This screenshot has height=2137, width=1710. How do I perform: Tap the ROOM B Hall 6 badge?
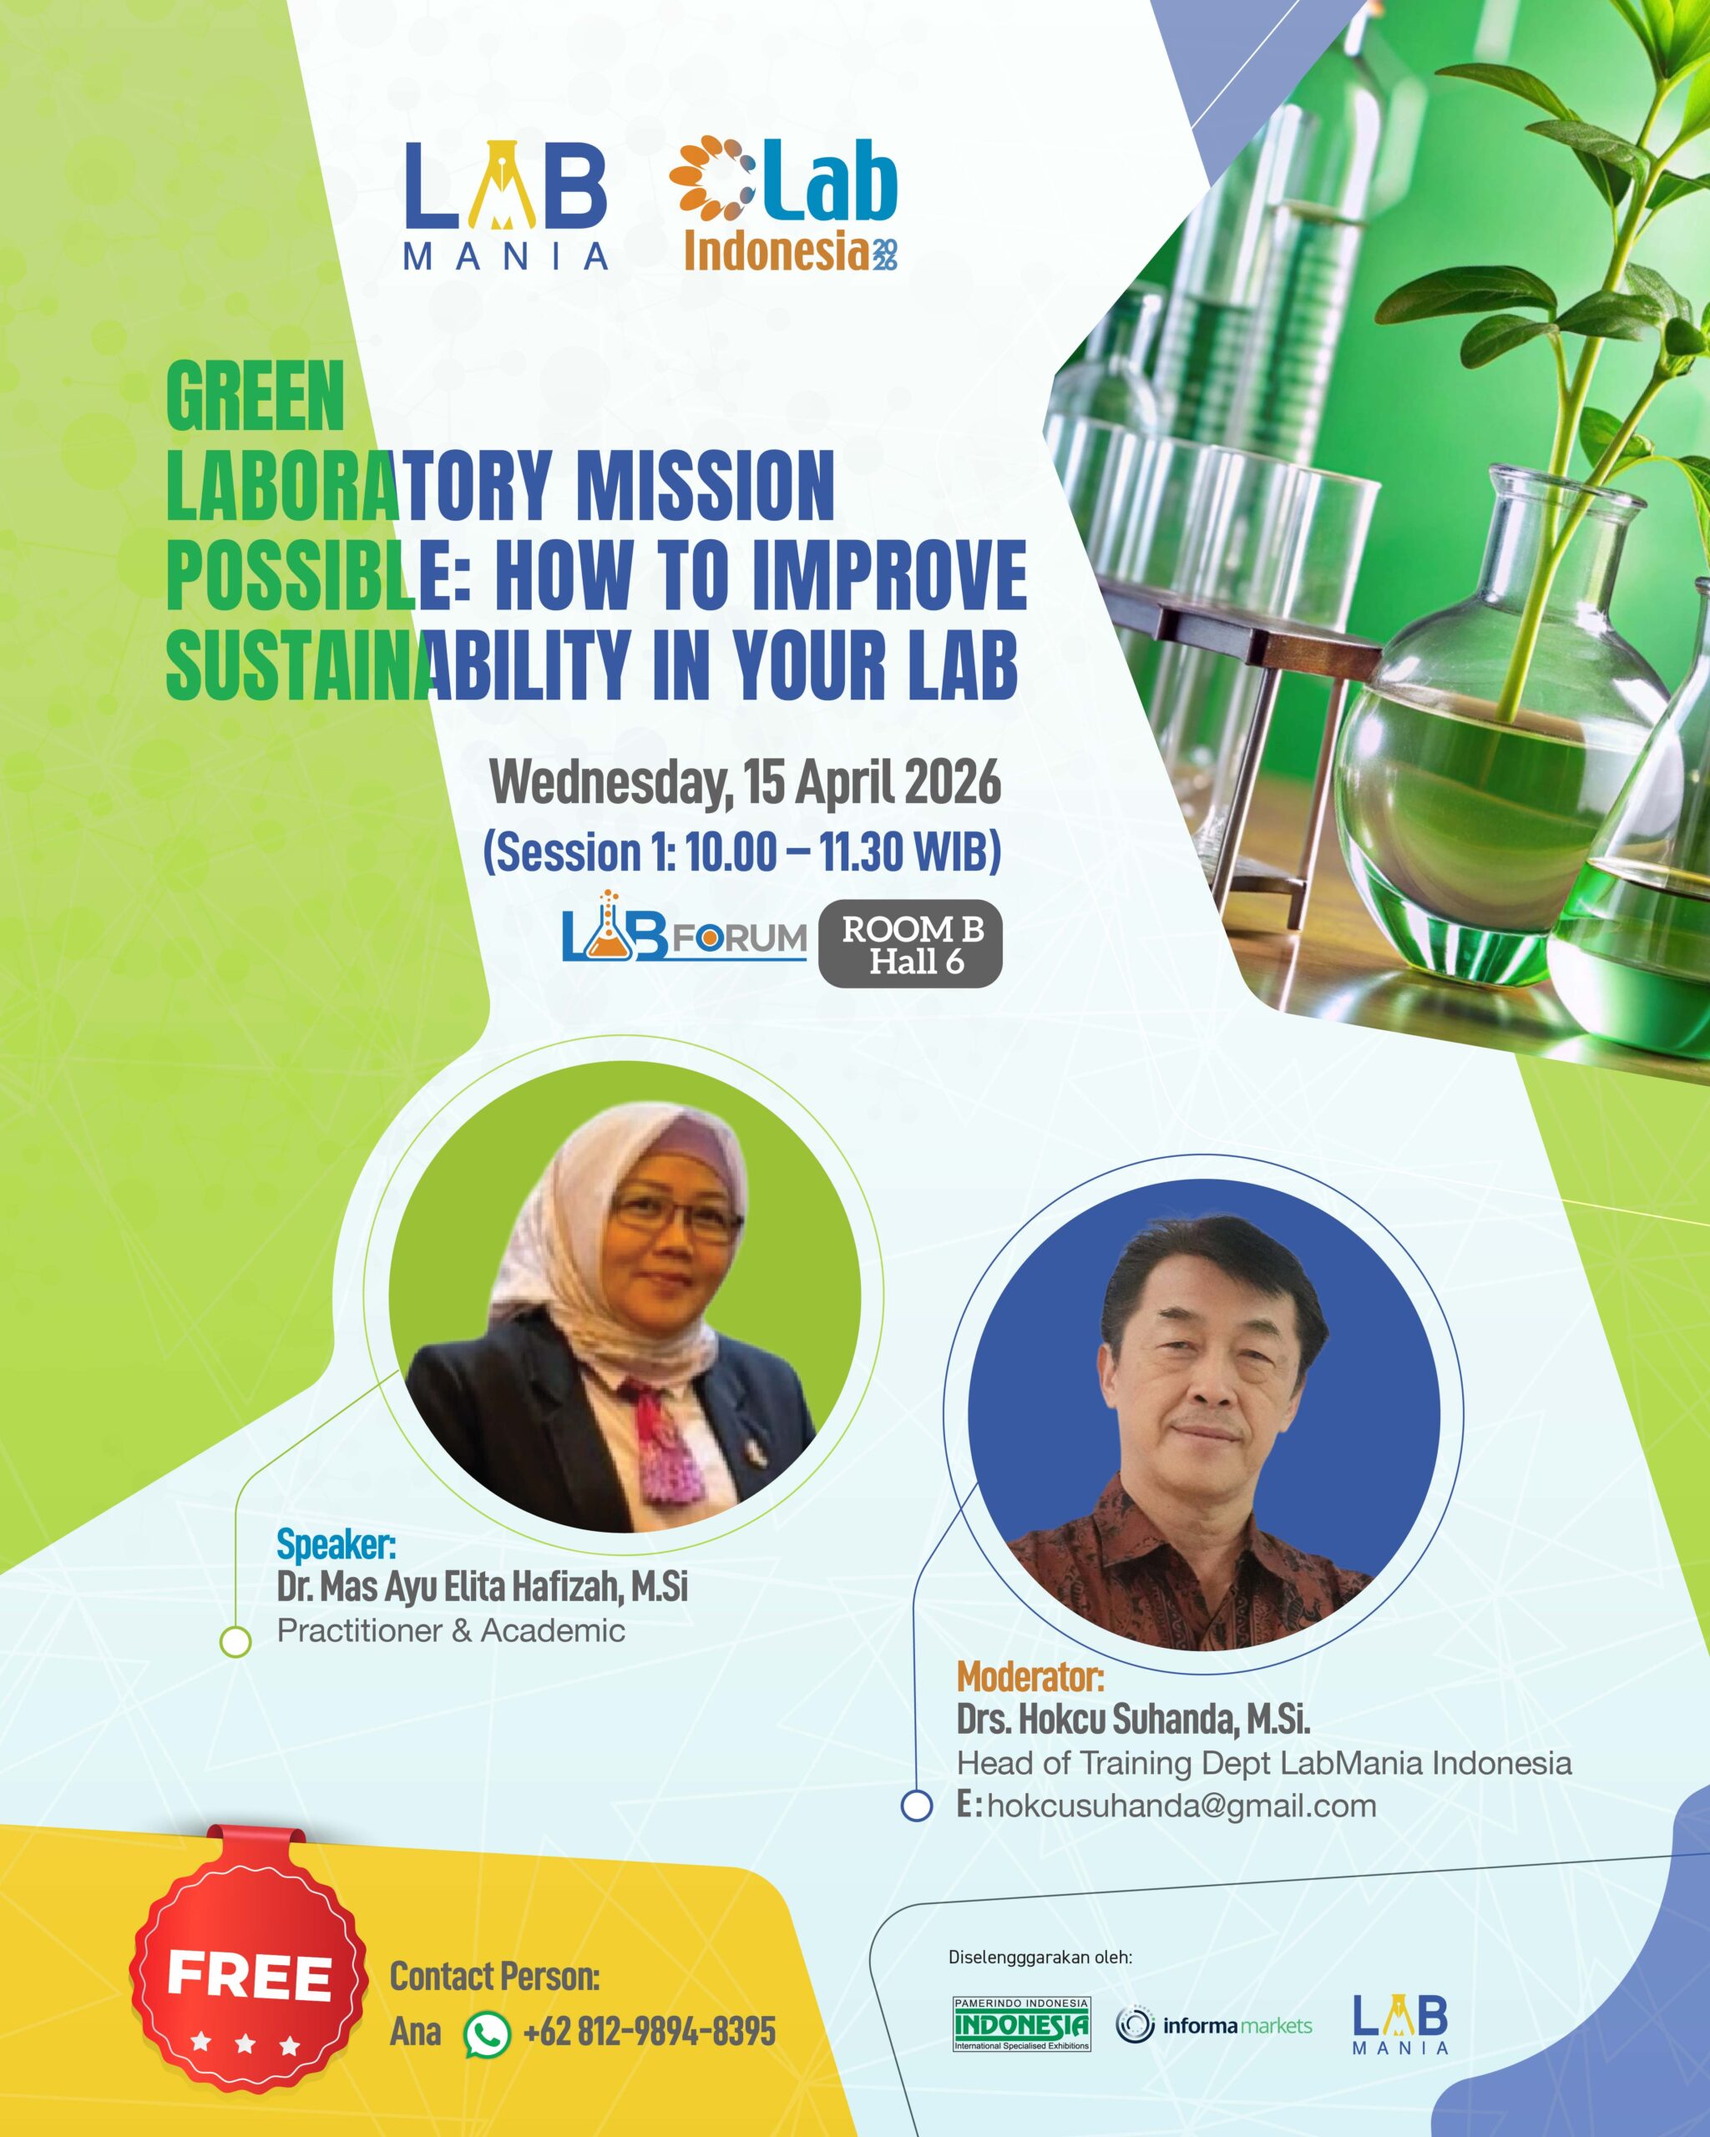pyautogui.click(x=911, y=945)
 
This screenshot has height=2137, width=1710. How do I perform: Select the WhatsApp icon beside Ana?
pyautogui.click(x=488, y=2033)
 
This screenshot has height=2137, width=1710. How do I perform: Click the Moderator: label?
pyautogui.click(x=1030, y=1676)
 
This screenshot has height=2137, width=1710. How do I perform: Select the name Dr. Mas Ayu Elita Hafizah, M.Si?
pyautogui.click(x=482, y=1587)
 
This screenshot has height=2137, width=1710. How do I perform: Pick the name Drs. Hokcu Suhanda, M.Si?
pyautogui.click(x=1133, y=1719)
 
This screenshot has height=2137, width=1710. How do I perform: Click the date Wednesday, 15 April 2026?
pyautogui.click(x=746, y=783)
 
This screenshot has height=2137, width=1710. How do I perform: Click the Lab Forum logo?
pyautogui.click(x=684, y=927)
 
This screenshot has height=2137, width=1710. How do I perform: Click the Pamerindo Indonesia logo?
pyautogui.click(x=1021, y=2023)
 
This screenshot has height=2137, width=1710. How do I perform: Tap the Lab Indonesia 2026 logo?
pyautogui.click(x=783, y=205)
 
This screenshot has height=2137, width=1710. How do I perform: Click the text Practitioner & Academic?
pyautogui.click(x=451, y=1630)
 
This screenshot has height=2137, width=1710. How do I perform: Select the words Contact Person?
pyautogui.click(x=494, y=1978)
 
